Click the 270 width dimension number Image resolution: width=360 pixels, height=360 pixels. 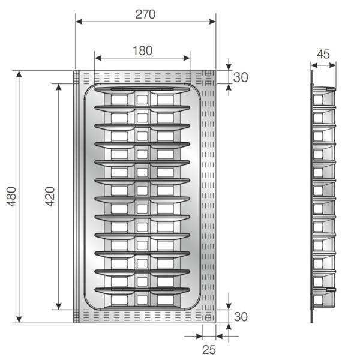click(145, 14)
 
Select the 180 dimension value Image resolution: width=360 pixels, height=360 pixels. click(143, 51)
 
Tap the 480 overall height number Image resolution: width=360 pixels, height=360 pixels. click(11, 196)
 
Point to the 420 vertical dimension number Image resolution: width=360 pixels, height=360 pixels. click(50, 196)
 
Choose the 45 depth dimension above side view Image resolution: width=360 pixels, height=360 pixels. click(323, 54)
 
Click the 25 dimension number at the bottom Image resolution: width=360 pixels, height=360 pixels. click(209, 350)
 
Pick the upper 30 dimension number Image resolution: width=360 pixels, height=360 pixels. click(241, 77)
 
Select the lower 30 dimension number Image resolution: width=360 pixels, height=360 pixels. click(241, 317)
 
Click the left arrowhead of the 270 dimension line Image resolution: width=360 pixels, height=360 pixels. click(79, 22)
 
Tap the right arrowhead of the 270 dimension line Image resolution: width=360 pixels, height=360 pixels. click(212, 22)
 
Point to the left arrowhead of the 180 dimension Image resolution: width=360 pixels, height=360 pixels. click(98, 58)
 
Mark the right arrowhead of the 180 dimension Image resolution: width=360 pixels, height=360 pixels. click(187, 58)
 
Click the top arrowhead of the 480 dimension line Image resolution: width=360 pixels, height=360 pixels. click(19, 74)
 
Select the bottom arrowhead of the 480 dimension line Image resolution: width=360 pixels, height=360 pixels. click(19, 319)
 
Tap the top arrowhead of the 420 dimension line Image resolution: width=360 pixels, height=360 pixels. click(59, 87)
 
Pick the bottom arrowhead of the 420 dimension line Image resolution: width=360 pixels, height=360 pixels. click(59, 306)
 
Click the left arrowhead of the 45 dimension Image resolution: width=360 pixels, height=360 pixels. click(314, 65)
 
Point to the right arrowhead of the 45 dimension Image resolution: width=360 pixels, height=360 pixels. click(332, 65)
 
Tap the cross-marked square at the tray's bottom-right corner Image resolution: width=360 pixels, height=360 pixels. click(208, 318)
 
